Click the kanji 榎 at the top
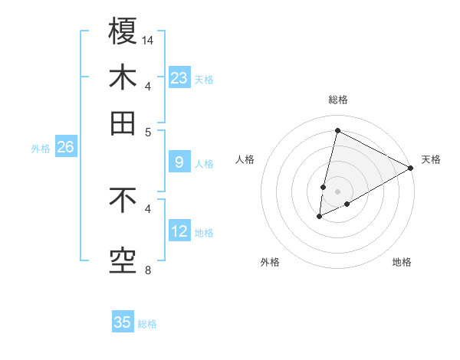click(123, 31)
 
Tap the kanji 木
click(123, 78)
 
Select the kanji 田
click(123, 123)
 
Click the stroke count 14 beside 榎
click(149, 40)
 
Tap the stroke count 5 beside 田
click(149, 131)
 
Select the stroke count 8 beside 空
click(149, 270)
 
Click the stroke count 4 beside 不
click(149, 208)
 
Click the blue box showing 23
click(179, 78)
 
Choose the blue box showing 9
click(179, 162)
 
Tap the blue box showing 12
click(179, 231)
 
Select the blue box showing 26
click(65, 148)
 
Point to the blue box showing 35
click(123, 322)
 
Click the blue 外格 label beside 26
click(41, 149)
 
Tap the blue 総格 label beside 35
click(147, 323)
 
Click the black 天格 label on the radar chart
click(431, 159)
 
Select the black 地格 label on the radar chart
click(402, 262)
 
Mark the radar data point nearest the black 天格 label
click(411, 169)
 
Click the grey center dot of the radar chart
click(337, 191)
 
